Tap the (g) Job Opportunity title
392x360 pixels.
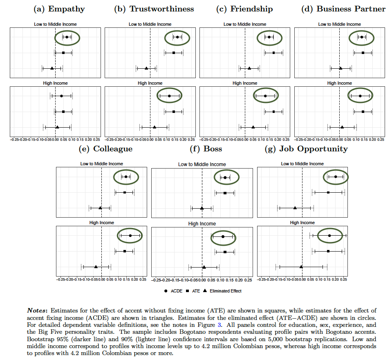click(306, 148)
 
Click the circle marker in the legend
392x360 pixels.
click(166, 291)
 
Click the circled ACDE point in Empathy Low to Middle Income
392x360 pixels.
click(67, 37)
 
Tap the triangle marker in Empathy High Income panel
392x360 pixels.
click(57, 127)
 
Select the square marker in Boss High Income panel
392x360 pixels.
click(225, 252)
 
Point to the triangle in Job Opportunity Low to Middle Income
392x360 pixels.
click(295, 208)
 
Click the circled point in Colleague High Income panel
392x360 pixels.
click(130, 235)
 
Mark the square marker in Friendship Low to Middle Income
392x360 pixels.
click(273, 53)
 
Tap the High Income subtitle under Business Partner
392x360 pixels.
click(340, 83)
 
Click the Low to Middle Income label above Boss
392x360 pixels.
click(202, 164)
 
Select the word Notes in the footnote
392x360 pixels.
click(38, 311)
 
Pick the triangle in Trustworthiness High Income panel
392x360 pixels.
click(155, 127)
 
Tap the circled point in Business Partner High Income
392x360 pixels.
click(360, 96)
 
